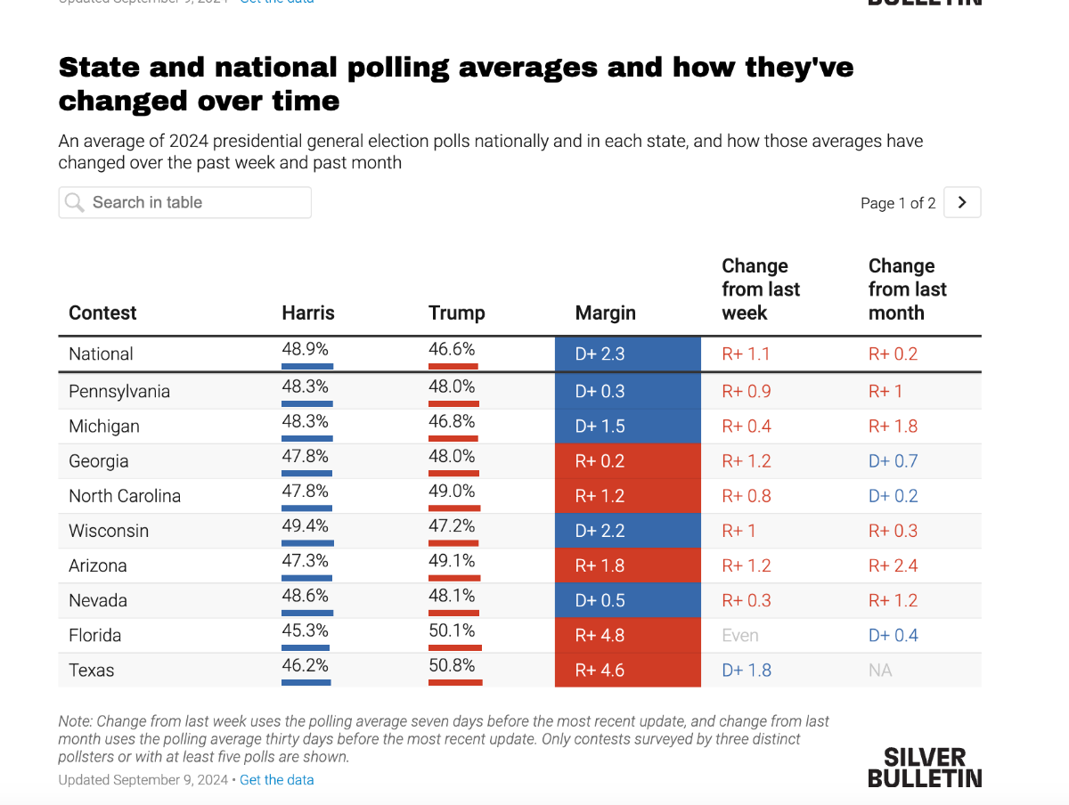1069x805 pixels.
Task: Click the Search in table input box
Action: (x=184, y=202)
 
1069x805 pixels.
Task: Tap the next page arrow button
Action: (x=962, y=202)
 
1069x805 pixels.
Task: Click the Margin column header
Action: (x=606, y=313)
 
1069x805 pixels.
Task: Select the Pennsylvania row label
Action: (x=119, y=391)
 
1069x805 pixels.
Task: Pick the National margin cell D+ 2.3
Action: (x=627, y=354)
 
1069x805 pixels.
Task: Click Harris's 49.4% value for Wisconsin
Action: (x=305, y=525)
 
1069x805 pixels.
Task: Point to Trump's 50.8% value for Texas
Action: (x=452, y=665)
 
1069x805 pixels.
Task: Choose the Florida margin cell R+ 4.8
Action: (x=627, y=635)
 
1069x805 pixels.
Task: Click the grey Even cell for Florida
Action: (x=740, y=635)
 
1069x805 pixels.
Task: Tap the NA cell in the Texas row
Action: (x=880, y=670)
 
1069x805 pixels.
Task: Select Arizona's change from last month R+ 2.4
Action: (x=894, y=565)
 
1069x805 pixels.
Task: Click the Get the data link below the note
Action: (x=276, y=780)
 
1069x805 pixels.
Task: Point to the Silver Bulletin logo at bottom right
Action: (x=925, y=768)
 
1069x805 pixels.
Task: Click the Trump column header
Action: (x=457, y=313)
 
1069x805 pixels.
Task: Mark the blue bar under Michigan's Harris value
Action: (x=307, y=438)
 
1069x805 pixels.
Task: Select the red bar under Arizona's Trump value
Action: (x=454, y=577)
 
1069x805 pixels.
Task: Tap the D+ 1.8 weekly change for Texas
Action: (x=747, y=670)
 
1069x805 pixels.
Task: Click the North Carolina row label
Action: (x=125, y=496)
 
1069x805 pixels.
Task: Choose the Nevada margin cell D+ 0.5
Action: (x=627, y=600)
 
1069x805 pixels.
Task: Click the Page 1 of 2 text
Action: (x=898, y=203)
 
